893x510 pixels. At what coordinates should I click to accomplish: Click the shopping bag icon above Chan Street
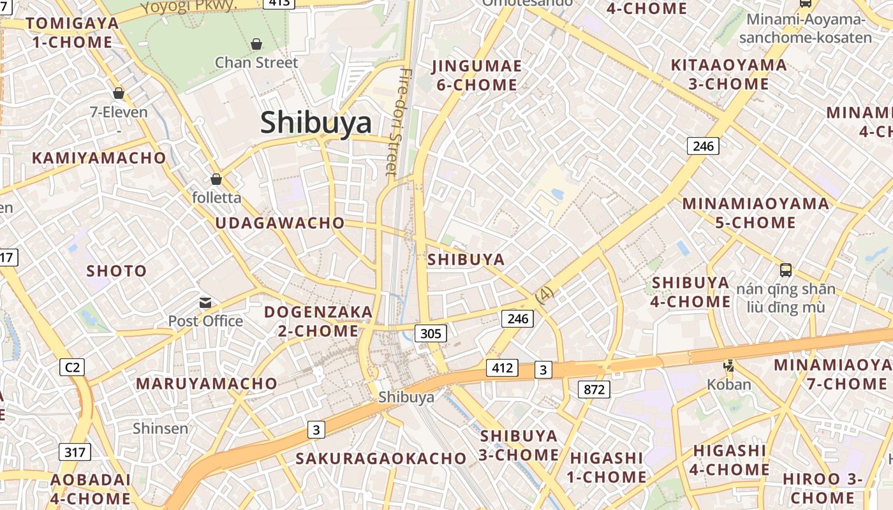point(256,44)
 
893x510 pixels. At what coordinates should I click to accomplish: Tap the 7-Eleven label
point(119,113)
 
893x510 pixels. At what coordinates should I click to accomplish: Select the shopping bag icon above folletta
point(216,179)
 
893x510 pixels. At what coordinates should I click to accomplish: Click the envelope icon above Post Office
point(205,302)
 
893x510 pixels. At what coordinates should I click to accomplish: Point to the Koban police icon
point(728,366)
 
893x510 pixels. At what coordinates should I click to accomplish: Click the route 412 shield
point(502,368)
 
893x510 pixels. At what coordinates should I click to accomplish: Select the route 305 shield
point(431,332)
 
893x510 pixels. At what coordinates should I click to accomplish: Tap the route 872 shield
point(594,389)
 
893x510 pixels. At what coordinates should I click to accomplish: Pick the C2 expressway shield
point(73,367)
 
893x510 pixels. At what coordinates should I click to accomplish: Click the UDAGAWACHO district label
point(280,223)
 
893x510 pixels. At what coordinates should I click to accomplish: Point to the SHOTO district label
point(117,271)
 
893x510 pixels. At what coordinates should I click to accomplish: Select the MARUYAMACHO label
point(207,384)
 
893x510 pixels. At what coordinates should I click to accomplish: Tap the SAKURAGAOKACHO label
point(381,458)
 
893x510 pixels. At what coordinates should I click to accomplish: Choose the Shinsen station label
point(161,428)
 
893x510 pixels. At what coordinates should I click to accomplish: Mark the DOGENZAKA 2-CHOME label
point(318,321)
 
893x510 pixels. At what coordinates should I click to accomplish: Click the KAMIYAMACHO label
point(99,158)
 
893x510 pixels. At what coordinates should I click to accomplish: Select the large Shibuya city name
point(316,122)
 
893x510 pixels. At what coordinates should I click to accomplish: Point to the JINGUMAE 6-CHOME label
point(476,75)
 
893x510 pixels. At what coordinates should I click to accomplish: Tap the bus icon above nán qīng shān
point(786,270)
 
